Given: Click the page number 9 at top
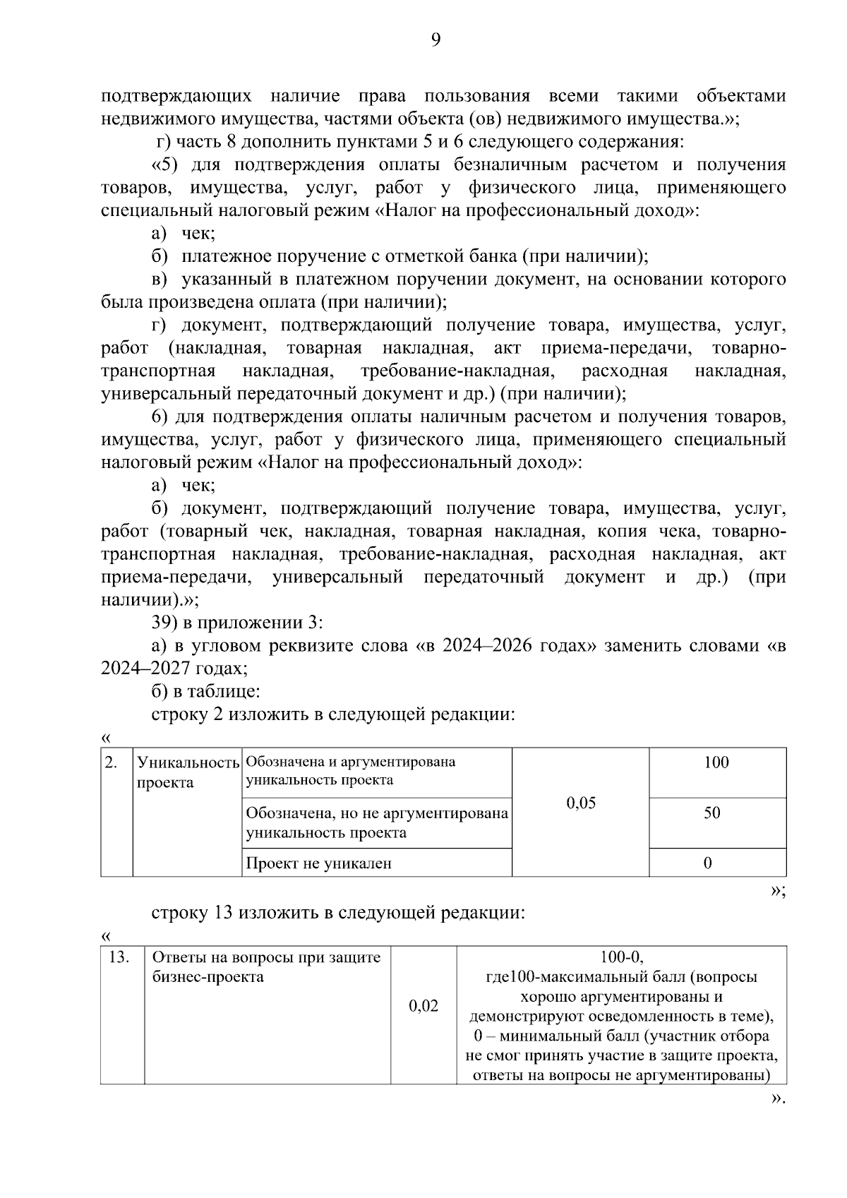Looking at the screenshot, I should pos(435,40).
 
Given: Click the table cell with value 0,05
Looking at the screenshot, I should pos(581,803).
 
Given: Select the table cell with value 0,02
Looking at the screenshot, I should pos(423,1005).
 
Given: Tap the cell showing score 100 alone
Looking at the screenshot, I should pos(716,762).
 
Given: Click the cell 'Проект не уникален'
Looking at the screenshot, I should pos(318,863).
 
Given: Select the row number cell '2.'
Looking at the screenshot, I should pos(111,762).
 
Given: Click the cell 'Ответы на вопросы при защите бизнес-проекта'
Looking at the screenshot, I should pos(266,967).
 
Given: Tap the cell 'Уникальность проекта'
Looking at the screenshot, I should pos(187,772).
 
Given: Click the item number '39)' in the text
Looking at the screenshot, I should pos(165,623).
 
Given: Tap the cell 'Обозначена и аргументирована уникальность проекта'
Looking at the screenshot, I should pos(351,771).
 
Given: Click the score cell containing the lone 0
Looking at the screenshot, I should pos(708,863).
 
